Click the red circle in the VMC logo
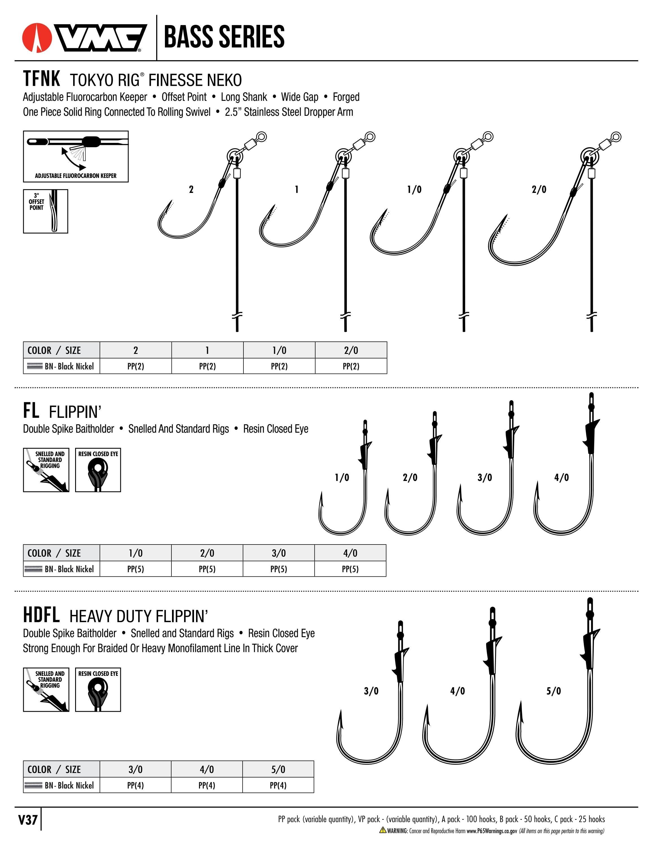[x=37, y=38]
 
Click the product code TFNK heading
[x=42, y=79]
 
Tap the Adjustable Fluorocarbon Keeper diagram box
[x=76, y=156]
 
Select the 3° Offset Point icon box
[x=46, y=211]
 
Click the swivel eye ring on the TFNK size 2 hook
[x=262, y=137]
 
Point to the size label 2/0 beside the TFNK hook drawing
[x=539, y=189]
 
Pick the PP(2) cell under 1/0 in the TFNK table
[x=279, y=366]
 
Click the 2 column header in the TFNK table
[x=135, y=350]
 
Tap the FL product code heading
[x=31, y=411]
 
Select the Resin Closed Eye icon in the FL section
[x=98, y=470]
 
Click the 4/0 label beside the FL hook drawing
[x=561, y=478]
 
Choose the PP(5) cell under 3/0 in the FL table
[x=278, y=569]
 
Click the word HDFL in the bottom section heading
[x=42, y=615]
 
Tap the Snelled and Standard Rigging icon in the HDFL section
[x=46, y=689]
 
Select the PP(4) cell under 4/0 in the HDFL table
[x=206, y=785]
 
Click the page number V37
[x=28, y=820]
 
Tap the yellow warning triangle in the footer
[x=383, y=830]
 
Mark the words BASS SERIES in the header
[x=224, y=37]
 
